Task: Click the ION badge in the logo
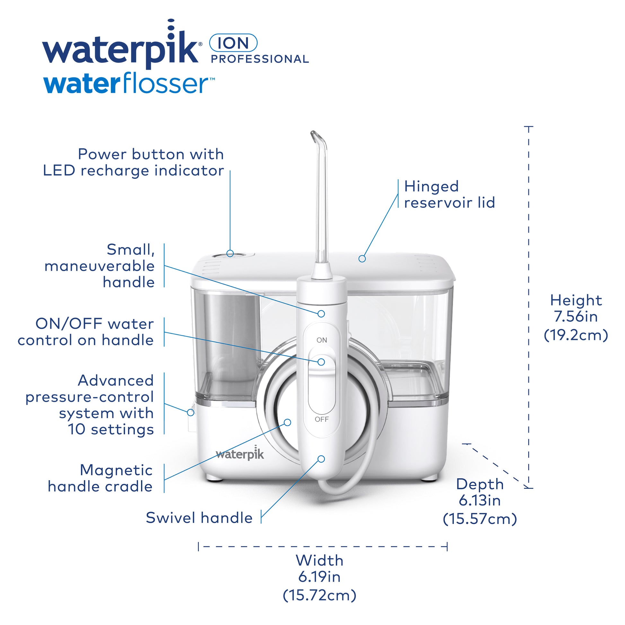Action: tap(233, 43)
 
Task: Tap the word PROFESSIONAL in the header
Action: tap(260, 59)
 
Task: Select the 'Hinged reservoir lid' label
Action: tap(449, 194)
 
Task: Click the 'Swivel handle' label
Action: tap(199, 518)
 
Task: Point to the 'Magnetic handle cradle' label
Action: tap(100, 478)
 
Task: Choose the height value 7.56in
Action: tap(576, 316)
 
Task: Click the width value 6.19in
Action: tap(319, 577)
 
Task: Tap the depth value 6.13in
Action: tap(480, 500)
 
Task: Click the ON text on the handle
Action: tap(321, 340)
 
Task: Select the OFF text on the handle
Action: tap(321, 419)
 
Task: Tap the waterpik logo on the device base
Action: tap(240, 453)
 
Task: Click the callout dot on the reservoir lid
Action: tap(362, 259)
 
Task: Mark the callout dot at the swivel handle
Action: tap(321, 459)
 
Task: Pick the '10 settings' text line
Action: tap(110, 430)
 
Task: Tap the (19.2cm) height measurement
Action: tap(576, 335)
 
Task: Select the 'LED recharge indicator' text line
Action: tap(133, 171)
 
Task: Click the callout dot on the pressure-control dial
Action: tap(191, 412)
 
